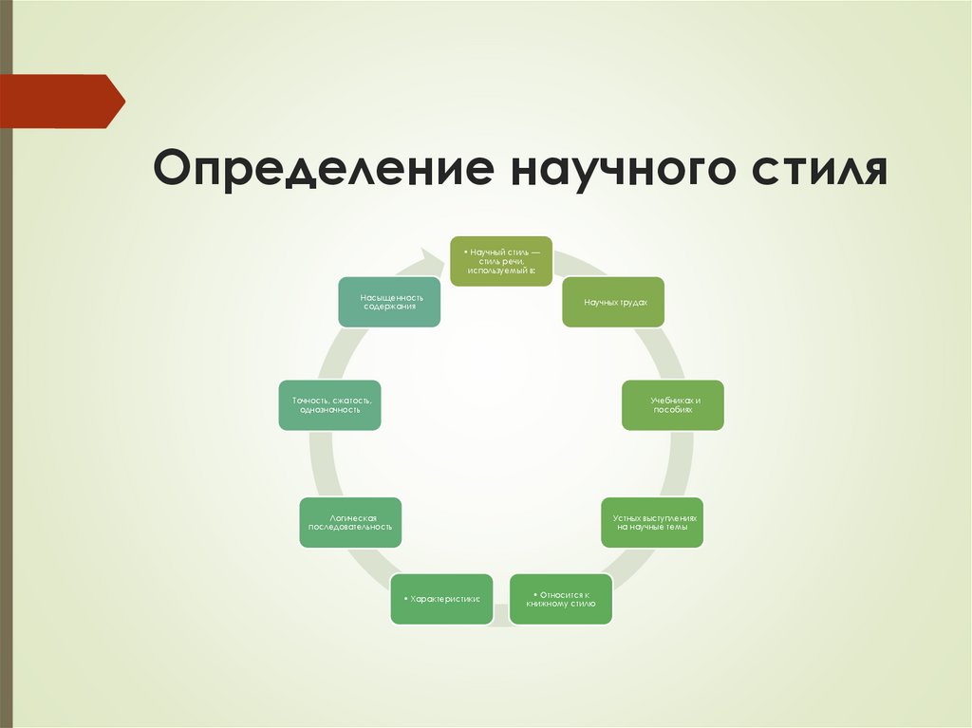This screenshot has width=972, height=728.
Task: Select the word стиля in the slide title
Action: click(814, 167)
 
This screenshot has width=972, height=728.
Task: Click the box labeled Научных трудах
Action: click(613, 302)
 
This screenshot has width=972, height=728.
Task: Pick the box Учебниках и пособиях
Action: click(673, 405)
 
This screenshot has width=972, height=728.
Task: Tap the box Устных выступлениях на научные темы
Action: click(652, 521)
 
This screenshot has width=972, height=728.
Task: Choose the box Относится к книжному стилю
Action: click(561, 599)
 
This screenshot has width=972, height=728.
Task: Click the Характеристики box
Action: click(441, 599)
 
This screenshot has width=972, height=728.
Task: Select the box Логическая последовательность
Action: click(350, 521)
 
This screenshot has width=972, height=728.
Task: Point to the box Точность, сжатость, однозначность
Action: click(330, 405)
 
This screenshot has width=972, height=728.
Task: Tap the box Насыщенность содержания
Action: click(389, 302)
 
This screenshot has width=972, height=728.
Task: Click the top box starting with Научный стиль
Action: click(500, 261)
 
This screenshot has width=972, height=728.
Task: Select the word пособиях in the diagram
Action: click(673, 411)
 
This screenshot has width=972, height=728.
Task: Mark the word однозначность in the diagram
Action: click(330, 411)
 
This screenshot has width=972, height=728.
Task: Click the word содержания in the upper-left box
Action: click(389, 308)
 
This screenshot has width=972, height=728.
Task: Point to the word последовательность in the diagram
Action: click(350, 527)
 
